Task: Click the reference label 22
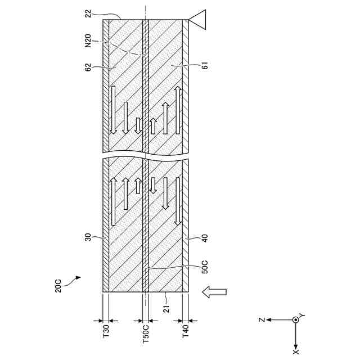[88, 13]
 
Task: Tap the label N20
[88, 41]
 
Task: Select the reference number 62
[88, 67]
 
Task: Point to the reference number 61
[205, 65]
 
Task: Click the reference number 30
[88, 237]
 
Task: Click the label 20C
[58, 286]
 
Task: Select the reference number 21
[167, 309]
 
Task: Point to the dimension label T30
[106, 331]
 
